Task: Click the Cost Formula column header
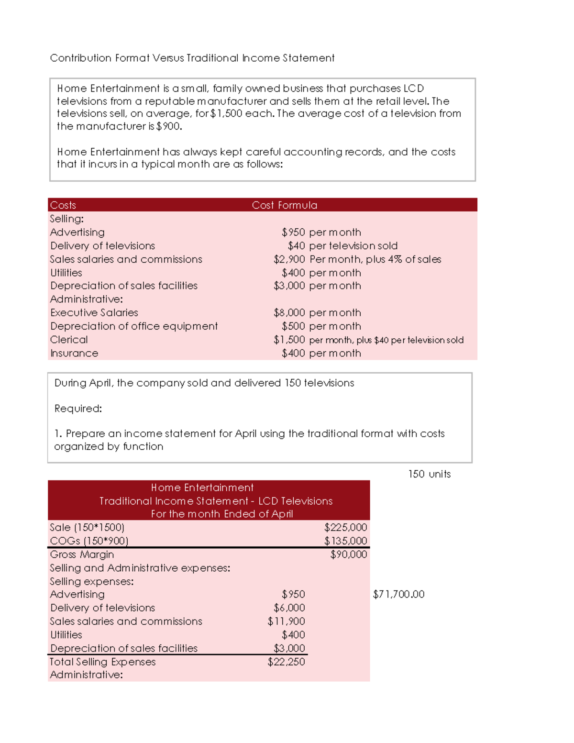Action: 284,205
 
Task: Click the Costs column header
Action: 63,205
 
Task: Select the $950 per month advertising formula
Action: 321,233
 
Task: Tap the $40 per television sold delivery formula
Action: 342,246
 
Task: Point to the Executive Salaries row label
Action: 94,313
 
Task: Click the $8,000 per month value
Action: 317,313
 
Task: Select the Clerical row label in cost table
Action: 69,340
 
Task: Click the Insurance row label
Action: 74,354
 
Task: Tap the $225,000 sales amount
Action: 345,527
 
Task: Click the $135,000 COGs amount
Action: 345,541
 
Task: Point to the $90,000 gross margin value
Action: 348,554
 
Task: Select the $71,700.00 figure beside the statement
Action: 398,594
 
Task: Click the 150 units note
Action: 429,474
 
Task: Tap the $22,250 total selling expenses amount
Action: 286,662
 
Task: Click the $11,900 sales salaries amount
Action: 286,621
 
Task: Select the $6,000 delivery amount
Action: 289,608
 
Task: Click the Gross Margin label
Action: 82,554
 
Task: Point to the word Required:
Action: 78,409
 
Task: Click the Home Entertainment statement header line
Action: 202,488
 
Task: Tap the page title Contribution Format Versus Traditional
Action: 192,58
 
